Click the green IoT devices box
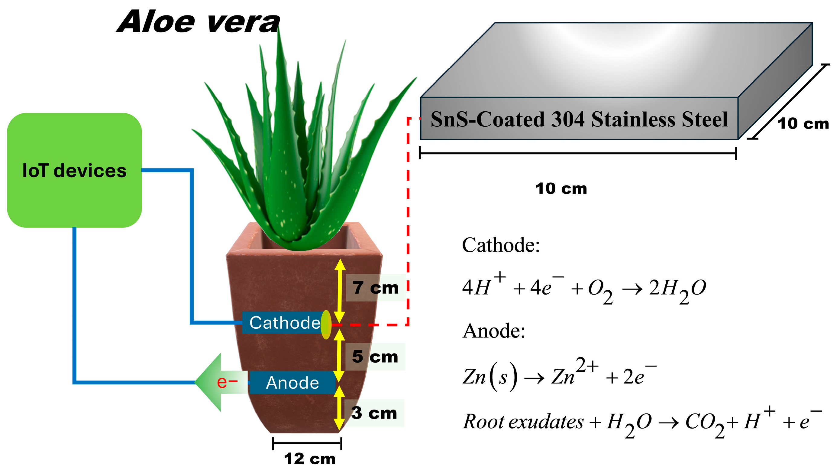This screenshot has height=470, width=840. click(x=74, y=170)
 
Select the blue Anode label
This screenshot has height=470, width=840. click(x=292, y=382)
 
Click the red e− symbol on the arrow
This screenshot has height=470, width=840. click(x=227, y=382)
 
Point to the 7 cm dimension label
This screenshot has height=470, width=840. click(x=375, y=288)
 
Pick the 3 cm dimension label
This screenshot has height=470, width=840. click(x=374, y=413)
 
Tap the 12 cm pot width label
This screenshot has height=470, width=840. click(x=309, y=459)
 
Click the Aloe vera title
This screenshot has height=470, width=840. click(x=198, y=22)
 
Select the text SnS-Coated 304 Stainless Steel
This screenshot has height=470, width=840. click(x=579, y=119)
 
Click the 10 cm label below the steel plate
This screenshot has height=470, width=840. click(x=561, y=188)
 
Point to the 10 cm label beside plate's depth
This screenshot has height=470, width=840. click(x=803, y=123)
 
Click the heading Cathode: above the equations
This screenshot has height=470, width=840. click(x=501, y=245)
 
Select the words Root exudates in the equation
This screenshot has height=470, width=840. click(x=523, y=421)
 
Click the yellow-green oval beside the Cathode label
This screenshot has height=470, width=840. click(x=326, y=325)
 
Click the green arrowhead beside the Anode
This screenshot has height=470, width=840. click(x=209, y=382)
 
